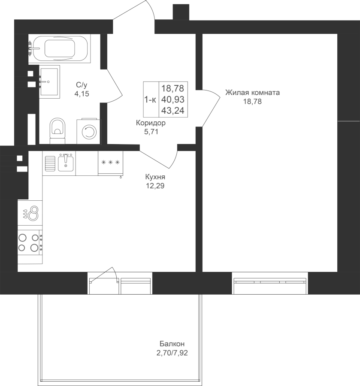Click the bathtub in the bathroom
click(59, 48)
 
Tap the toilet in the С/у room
click(57, 131)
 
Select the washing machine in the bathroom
click(89, 132)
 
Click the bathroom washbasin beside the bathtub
click(49, 82)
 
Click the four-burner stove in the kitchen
click(30, 242)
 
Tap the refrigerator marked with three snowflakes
click(110, 163)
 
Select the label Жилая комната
click(252, 93)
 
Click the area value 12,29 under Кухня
click(155, 186)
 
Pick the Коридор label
click(151, 123)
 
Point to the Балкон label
click(172, 344)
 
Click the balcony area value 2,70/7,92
click(172, 353)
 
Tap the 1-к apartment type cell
click(150, 100)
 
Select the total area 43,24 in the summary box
click(173, 111)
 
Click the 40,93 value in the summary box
click(173, 100)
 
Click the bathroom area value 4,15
click(82, 94)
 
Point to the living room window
click(270, 283)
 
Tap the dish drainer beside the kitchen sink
click(50, 163)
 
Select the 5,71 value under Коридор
click(151, 132)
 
